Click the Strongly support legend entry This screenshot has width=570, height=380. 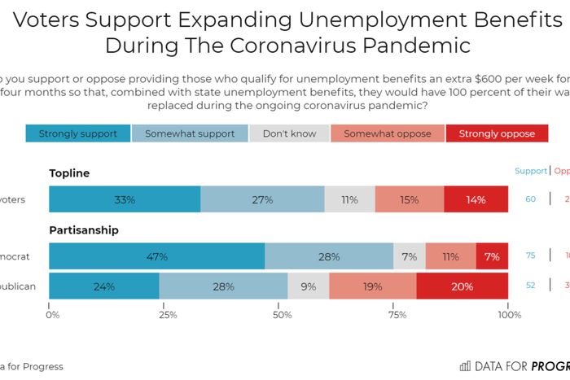point(77,133)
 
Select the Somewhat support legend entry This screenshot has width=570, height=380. point(189,133)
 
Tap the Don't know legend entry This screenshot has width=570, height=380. point(289,133)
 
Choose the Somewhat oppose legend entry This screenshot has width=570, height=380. point(387,133)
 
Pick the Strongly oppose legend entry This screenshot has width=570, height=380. point(497,133)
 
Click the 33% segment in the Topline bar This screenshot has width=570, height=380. point(125,199)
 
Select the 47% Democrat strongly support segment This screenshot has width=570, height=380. point(157,256)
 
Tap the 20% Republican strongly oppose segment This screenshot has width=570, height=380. point(462,286)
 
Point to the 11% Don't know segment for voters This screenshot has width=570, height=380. point(349,199)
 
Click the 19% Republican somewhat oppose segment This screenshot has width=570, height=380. point(372,286)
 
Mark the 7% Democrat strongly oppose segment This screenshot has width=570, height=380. point(492,256)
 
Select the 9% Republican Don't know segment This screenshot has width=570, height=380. point(308,286)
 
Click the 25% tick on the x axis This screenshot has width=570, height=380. point(168,314)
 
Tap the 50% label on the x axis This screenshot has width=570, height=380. point(283,314)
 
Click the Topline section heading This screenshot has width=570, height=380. point(69,173)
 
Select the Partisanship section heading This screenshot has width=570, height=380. point(84,230)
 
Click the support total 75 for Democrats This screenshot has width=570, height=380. point(530,256)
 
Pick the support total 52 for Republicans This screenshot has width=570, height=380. point(530,286)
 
